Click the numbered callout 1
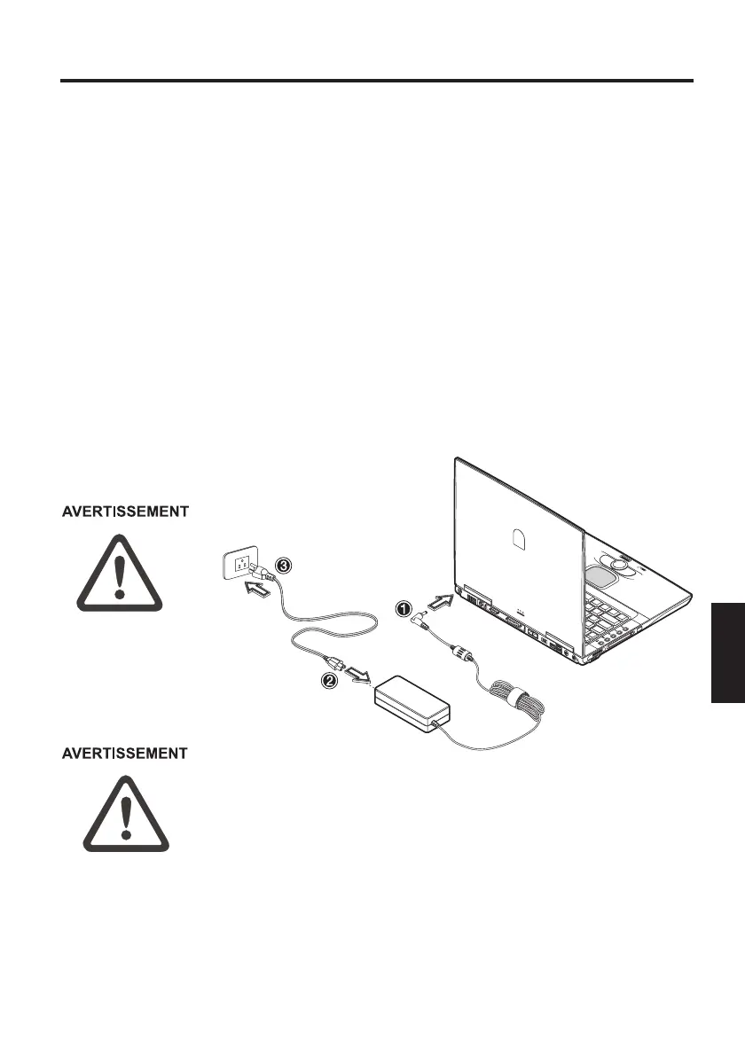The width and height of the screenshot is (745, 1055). pos(403,609)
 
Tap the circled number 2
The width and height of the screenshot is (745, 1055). pos(328,682)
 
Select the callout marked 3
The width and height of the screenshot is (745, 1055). pos(282,565)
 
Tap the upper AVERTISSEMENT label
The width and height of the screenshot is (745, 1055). pos(124,512)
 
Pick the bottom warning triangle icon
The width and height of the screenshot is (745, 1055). pos(126,814)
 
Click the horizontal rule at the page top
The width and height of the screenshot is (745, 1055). pos(376,82)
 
